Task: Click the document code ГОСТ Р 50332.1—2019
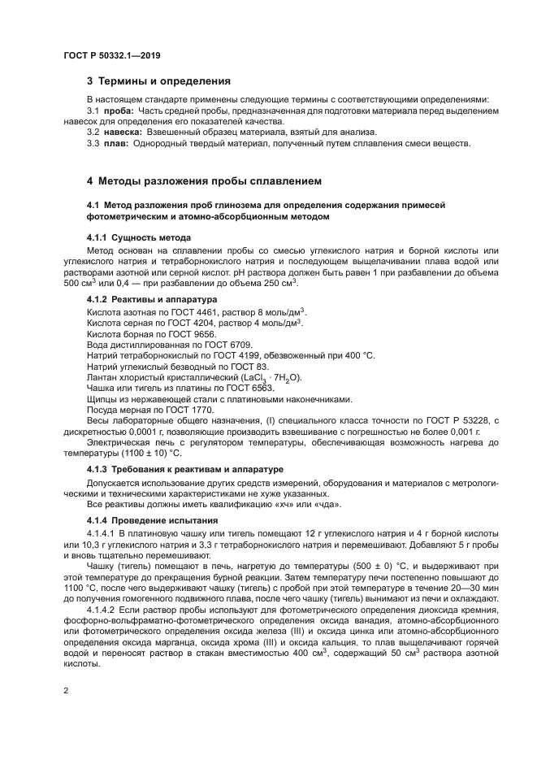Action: point(111,54)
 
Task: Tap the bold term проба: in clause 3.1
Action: point(118,111)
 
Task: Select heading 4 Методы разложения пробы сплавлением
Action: point(204,180)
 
